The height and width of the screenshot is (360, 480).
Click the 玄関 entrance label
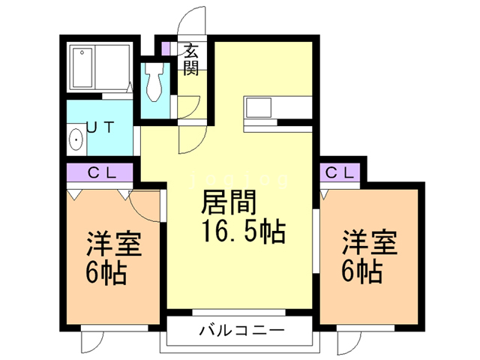(x=191, y=59)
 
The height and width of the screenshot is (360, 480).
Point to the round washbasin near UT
(x=75, y=140)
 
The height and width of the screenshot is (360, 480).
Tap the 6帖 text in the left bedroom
(x=106, y=271)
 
